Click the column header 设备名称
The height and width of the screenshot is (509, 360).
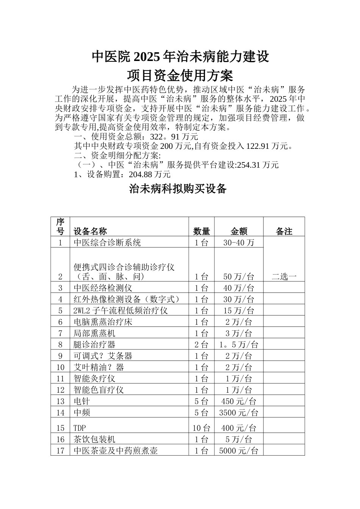pyautogui.click(x=90, y=231)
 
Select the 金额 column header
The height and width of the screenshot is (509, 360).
pyautogui.click(x=239, y=231)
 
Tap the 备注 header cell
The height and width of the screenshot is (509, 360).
pyautogui.click(x=284, y=231)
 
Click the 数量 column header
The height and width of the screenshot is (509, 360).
pyautogui.click(x=201, y=231)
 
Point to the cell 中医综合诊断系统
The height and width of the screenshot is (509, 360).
pyautogui.click(x=107, y=243)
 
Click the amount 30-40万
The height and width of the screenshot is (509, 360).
pyautogui.click(x=239, y=243)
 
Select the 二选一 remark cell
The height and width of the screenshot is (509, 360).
pyautogui.click(x=284, y=276)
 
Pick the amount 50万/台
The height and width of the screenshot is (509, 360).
pyautogui.click(x=239, y=276)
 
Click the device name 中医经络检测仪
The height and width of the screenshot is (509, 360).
pyautogui.click(x=103, y=288)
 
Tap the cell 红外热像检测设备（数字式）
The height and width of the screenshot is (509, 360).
pyautogui.click(x=126, y=299)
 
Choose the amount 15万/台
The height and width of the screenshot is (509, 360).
pyautogui.click(x=239, y=311)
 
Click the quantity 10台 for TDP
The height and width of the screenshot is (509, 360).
pyautogui.click(x=201, y=428)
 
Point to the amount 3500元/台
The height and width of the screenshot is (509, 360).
pyautogui.click(x=239, y=412)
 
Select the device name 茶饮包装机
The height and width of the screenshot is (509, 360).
pyautogui.click(x=94, y=439)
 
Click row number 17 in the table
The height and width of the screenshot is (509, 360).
pyautogui.click(x=60, y=451)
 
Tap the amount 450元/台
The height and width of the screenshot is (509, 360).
pyautogui.click(x=239, y=401)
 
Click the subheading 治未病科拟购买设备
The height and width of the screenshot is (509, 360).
pyautogui.click(x=178, y=189)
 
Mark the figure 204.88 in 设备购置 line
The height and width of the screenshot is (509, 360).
pyautogui.click(x=139, y=175)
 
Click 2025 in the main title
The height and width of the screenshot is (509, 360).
pyautogui.click(x=146, y=56)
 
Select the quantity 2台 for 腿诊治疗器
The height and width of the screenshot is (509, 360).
pyautogui.click(x=201, y=344)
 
